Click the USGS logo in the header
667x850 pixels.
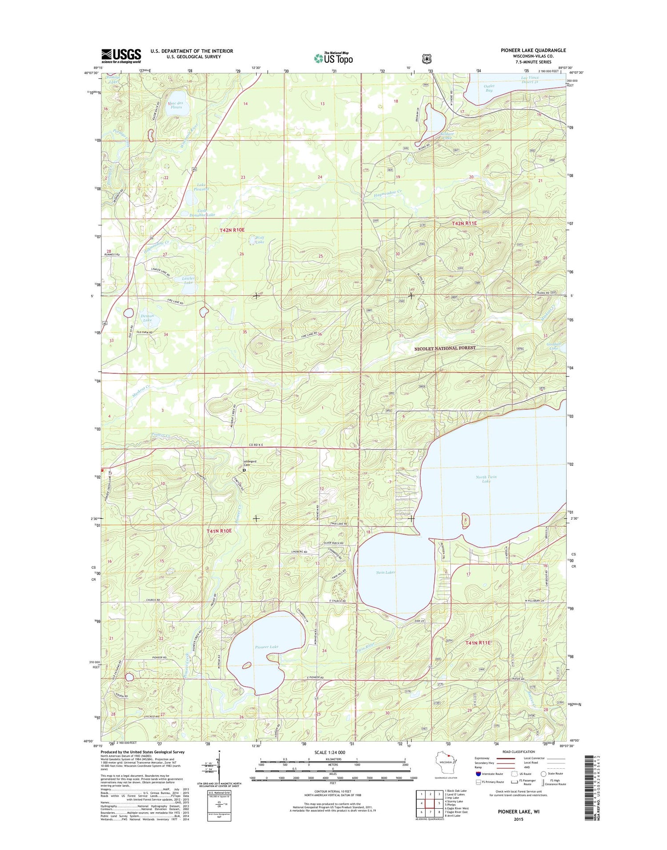[121, 56]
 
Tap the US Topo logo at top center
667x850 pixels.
[333, 57]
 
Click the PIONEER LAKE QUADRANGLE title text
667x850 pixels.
[533, 50]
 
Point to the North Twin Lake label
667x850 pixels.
[486, 479]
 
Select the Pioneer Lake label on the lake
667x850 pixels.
[266, 647]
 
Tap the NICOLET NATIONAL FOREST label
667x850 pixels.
[445, 349]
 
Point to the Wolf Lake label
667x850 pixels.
[259, 240]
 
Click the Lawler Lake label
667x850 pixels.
[188, 281]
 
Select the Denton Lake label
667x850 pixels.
[147, 318]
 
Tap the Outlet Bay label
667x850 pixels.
[489, 88]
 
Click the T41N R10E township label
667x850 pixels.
[219, 531]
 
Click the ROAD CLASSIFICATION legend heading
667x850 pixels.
[518, 752]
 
